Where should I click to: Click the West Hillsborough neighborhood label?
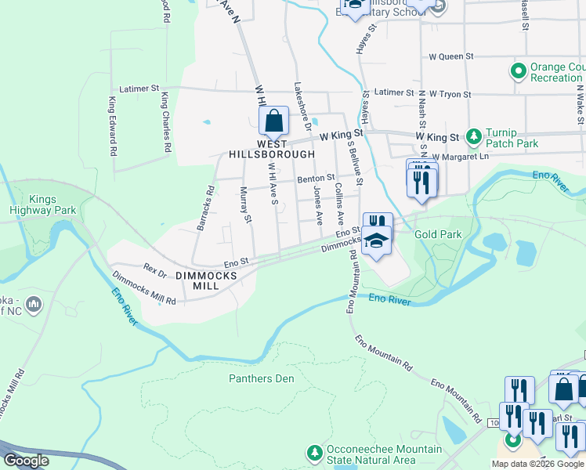pos(271,149)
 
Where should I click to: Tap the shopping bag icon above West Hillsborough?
pos(273,121)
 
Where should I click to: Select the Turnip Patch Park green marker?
pos(473,137)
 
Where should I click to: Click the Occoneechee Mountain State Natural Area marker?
pos(314,454)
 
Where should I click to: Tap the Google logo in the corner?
pos(25,461)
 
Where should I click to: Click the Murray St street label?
pos(245,205)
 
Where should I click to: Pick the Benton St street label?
pos(316,179)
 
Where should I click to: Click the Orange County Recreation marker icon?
pos(517,72)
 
